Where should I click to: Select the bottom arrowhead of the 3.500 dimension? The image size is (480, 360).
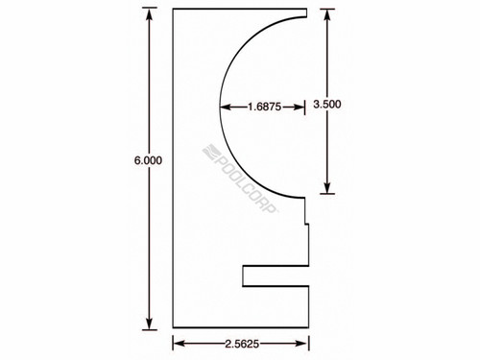coord(328,190)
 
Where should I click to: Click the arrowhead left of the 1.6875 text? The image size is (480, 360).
coord(226,106)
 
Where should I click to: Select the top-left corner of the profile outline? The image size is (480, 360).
coord(172,10)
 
